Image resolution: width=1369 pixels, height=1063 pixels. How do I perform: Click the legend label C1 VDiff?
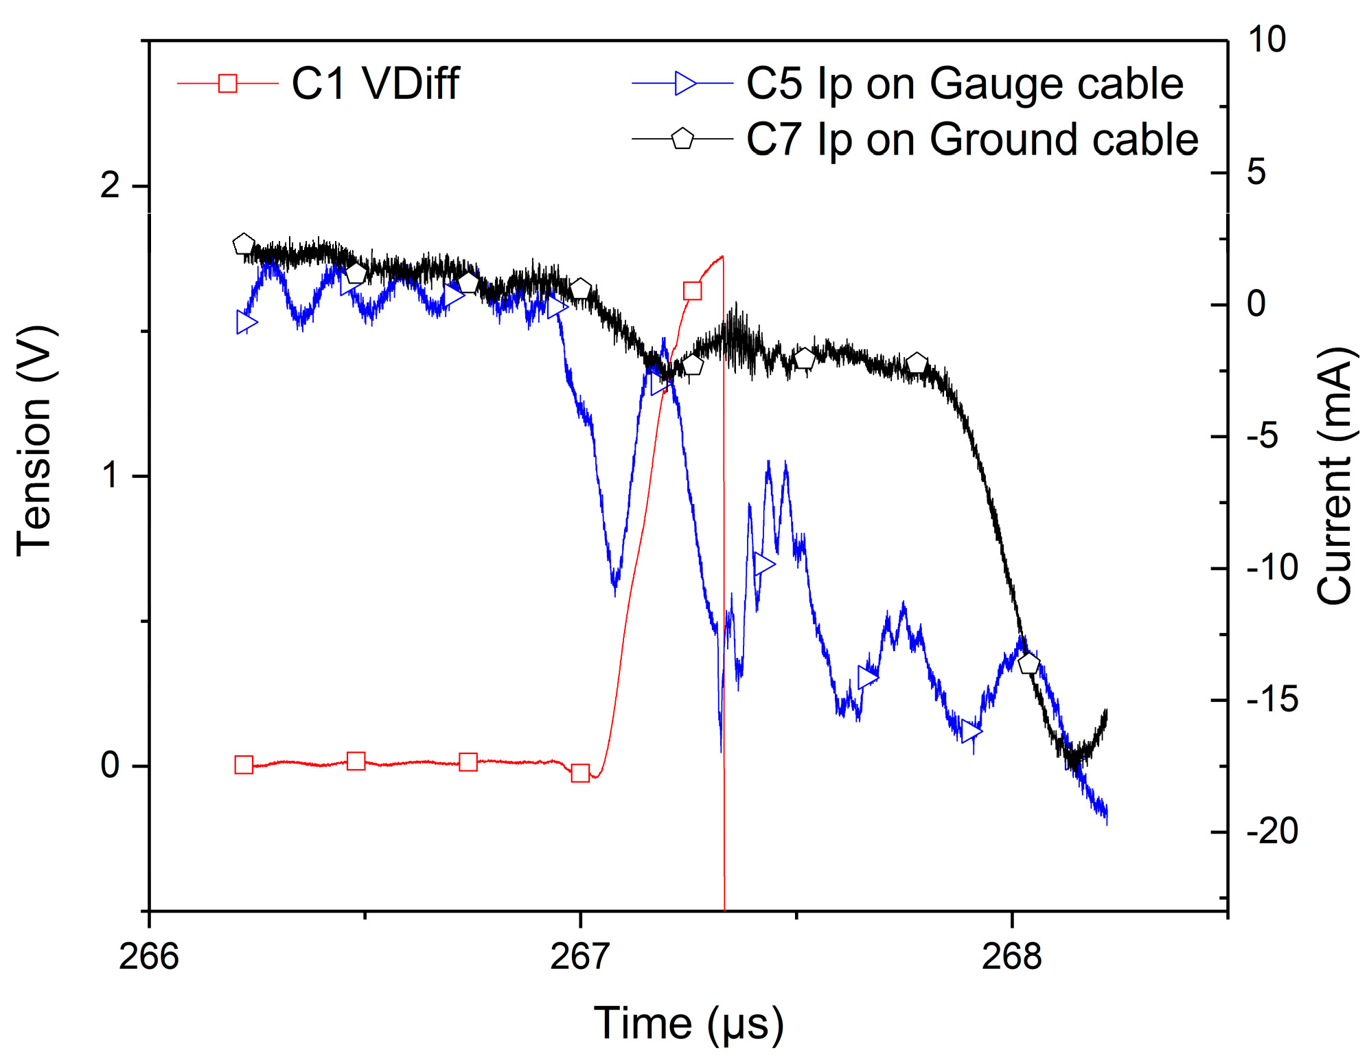tap(375, 84)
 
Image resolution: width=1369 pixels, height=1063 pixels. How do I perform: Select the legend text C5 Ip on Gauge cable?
tap(965, 84)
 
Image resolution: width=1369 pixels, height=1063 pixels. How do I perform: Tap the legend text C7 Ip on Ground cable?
tap(971, 139)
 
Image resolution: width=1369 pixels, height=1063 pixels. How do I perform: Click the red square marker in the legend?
tap(228, 84)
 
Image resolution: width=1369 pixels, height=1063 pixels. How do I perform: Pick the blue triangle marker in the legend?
tap(684, 83)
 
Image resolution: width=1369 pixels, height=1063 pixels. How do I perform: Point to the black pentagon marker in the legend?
tap(682, 139)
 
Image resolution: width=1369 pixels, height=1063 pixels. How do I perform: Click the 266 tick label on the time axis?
tap(149, 956)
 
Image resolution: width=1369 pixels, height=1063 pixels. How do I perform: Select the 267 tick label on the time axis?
tap(580, 956)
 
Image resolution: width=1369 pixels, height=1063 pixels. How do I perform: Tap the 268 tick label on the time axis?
tap(1011, 956)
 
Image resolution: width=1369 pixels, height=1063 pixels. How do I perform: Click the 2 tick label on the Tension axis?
tap(111, 185)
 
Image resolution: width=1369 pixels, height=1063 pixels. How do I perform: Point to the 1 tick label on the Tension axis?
tap(111, 475)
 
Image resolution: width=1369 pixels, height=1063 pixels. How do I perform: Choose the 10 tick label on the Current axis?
tap(1267, 39)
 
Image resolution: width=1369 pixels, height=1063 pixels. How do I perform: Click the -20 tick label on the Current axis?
tap(1272, 831)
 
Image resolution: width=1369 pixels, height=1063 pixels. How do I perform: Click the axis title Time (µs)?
tap(688, 1024)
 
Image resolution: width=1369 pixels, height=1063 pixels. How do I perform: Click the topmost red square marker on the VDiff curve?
tap(692, 291)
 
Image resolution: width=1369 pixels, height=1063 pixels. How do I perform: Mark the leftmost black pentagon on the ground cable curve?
tap(243, 244)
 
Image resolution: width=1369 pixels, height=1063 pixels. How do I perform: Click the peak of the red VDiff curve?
tap(722, 257)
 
